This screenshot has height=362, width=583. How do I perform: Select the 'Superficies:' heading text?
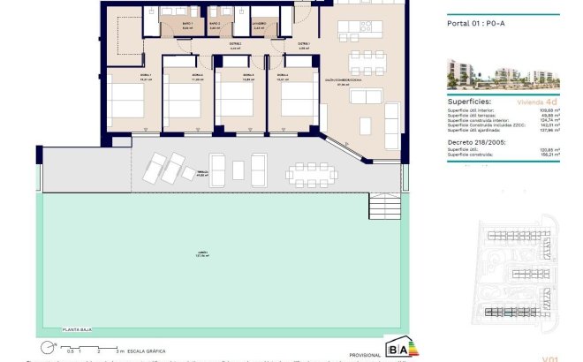471,102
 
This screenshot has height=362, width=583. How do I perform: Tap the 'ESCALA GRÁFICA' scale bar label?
146,351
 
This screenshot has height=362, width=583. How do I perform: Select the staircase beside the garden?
385,209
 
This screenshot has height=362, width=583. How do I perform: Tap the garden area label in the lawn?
201,255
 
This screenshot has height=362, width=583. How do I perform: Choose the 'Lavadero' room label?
258,26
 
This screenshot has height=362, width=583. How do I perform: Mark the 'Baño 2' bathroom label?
215,26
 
